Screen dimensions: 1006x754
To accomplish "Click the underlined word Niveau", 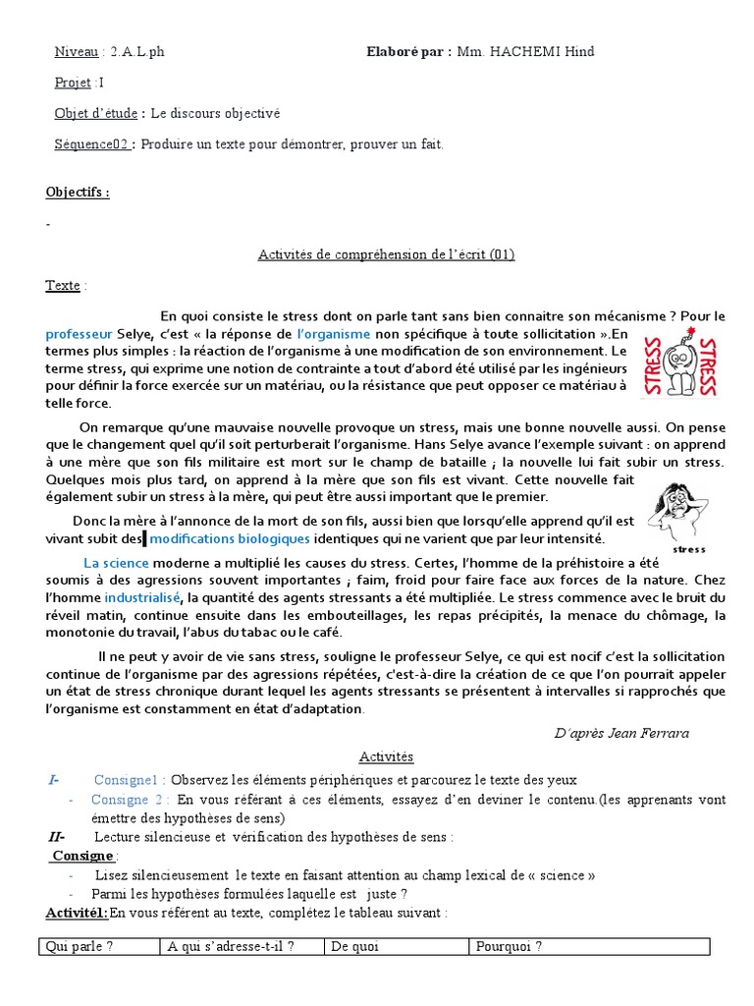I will point(77,52).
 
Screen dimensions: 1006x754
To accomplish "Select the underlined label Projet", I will point(73,83).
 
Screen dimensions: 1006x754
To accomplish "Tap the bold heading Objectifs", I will point(78,192).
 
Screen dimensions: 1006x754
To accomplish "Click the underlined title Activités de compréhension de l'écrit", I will point(386,255).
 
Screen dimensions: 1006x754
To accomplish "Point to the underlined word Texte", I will point(63,286).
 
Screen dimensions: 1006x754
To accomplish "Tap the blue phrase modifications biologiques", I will point(231,539).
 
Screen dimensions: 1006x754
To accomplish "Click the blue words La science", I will point(116,563).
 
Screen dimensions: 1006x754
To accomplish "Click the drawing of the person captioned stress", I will point(675,510).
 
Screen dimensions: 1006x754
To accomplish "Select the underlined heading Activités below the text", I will point(386,756).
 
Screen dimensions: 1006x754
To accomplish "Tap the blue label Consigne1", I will point(130,780).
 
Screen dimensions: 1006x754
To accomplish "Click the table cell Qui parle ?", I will point(97,947).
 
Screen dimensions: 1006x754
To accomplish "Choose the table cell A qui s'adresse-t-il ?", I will point(242,947).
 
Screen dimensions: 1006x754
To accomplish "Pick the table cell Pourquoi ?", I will point(589,947).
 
